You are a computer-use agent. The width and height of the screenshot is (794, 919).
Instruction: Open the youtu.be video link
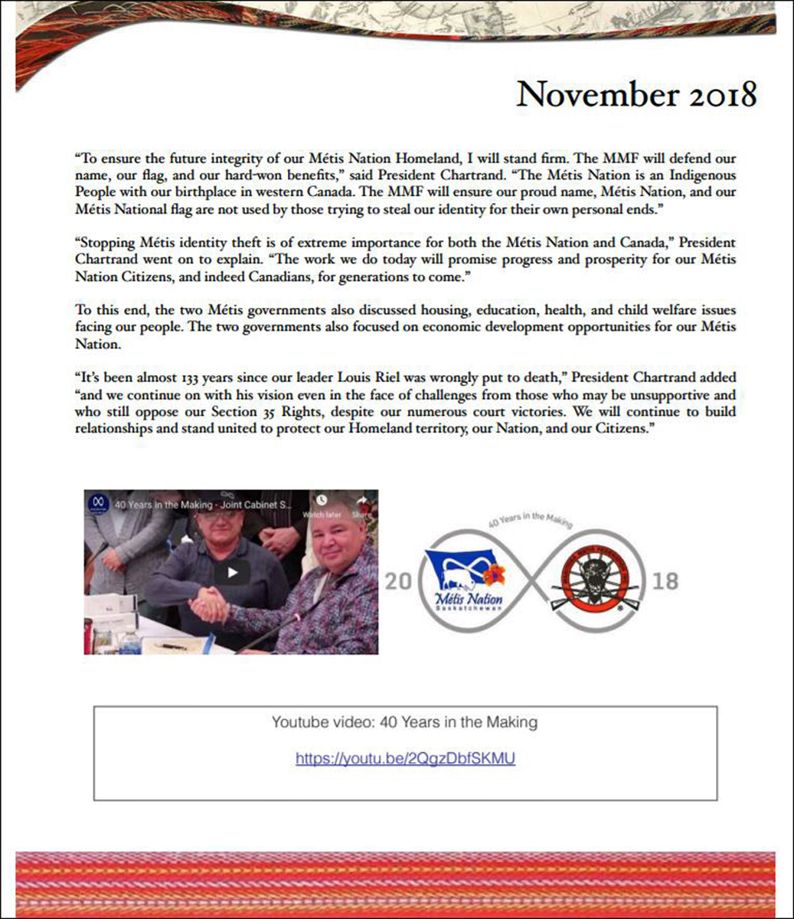(405, 758)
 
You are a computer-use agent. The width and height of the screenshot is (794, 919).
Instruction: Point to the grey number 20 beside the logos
(398, 582)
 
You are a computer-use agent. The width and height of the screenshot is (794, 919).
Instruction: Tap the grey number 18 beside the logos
(665, 582)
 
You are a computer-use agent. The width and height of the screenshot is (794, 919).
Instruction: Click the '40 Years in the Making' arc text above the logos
(531, 520)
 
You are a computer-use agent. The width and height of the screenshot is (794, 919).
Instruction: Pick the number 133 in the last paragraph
(191, 378)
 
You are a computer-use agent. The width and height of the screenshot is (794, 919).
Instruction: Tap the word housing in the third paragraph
(442, 310)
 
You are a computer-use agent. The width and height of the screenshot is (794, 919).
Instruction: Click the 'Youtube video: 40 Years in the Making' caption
(404, 722)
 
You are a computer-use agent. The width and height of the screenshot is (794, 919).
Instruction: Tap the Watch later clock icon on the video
(322, 499)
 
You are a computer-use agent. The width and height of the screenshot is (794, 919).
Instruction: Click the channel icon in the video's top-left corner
(97, 502)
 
